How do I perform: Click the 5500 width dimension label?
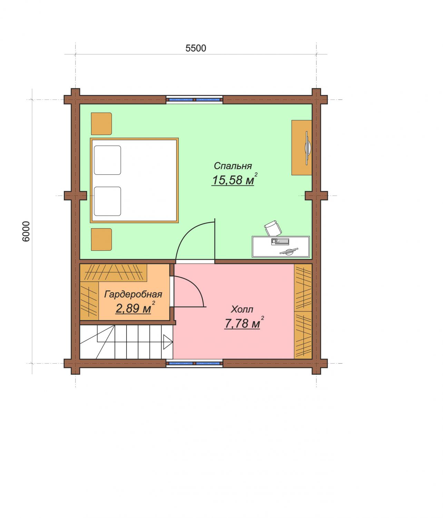point(196,48)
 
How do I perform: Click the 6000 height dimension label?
point(26,231)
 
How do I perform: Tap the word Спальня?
point(233,166)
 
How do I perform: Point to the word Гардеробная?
point(133,294)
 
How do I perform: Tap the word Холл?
point(242,309)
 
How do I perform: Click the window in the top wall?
point(194,100)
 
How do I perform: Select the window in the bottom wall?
point(194,363)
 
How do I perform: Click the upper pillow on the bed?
point(107,160)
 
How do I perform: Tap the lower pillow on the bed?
point(107,201)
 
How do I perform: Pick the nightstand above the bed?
point(101,124)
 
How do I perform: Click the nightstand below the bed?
point(101,239)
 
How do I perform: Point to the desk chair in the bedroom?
point(273,228)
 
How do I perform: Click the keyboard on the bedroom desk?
point(280,242)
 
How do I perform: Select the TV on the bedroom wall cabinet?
point(308,148)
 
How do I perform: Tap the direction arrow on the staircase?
point(168,342)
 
